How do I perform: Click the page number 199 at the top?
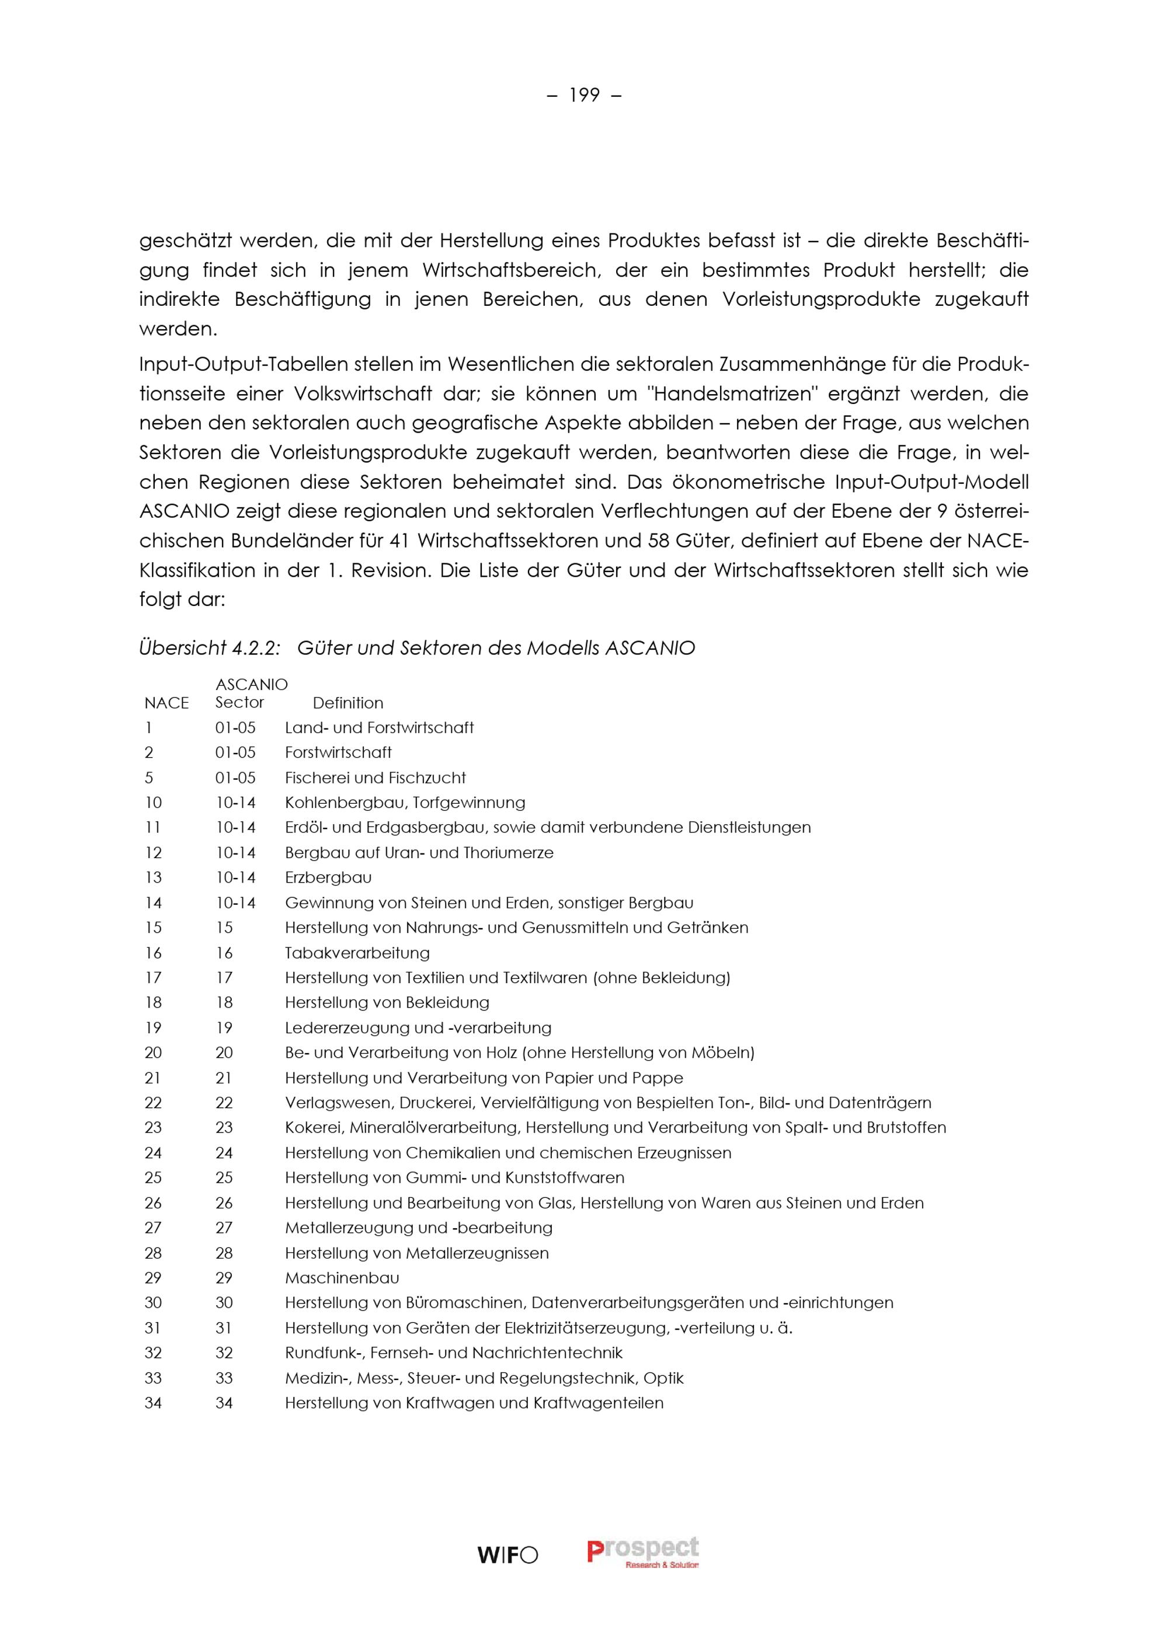(583, 95)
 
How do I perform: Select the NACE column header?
(166, 703)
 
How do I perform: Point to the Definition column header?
(347, 703)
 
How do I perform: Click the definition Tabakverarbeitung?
(357, 953)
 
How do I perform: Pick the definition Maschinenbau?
(342, 1278)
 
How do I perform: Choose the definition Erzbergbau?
(328, 877)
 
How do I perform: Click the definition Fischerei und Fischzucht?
(375, 778)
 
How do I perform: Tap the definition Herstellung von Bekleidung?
(387, 1002)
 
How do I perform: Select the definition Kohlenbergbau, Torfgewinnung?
(405, 802)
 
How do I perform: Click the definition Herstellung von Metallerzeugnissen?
(416, 1253)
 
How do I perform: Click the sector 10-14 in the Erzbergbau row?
(235, 877)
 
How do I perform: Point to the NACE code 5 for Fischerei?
(149, 778)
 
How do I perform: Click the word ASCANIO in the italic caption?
(650, 649)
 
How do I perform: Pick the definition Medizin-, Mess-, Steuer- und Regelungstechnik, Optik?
(484, 1378)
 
